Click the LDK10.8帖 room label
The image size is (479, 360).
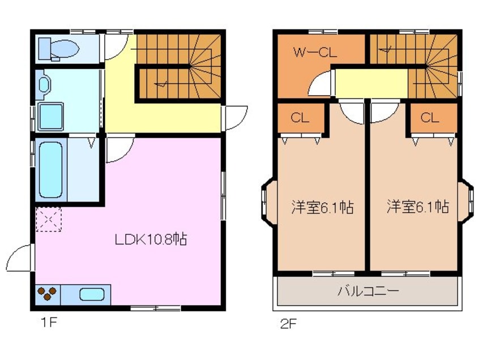pos(151,239)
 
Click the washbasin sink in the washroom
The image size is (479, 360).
pos(45,85)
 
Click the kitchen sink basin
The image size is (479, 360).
pos(92,295)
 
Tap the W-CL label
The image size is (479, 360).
pos(315,54)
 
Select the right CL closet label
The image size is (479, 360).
pos(430,118)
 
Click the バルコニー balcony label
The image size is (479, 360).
pos(368,292)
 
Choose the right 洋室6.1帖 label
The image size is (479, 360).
pos(418,207)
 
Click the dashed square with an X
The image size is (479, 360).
pos(49,219)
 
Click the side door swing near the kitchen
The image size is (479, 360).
pos(20,259)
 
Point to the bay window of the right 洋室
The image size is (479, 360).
pos(467,199)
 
